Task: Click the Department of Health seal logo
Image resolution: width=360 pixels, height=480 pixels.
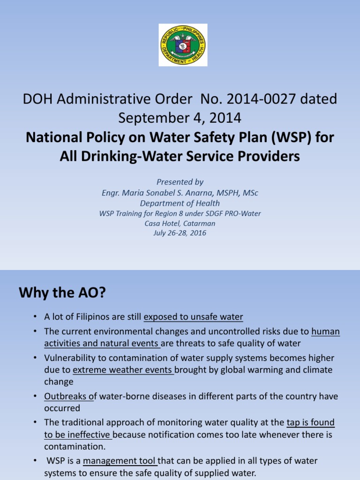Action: coord(183,45)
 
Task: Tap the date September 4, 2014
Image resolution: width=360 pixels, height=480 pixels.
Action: coord(180,118)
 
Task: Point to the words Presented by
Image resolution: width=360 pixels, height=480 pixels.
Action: coord(180,182)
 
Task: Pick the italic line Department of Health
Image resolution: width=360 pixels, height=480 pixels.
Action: coord(180,203)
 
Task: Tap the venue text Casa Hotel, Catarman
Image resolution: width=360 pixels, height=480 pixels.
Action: coord(180,223)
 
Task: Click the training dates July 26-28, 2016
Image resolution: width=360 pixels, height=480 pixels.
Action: coord(180,233)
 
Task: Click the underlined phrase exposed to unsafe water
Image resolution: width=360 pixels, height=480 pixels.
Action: coord(193,317)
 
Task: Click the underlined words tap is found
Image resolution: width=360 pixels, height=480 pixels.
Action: coord(311,423)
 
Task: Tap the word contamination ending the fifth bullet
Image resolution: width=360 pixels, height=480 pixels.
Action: coord(75,446)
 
